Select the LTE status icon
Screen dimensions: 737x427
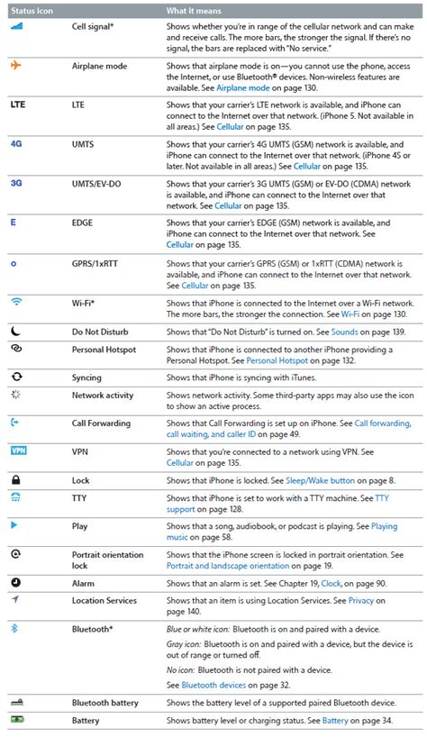point(18,105)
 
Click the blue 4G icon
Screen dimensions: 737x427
point(16,143)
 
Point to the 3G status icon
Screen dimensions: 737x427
point(16,181)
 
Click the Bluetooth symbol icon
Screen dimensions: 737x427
point(14,628)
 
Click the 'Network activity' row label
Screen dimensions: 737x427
point(103,395)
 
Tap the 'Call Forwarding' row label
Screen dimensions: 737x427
point(101,423)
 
